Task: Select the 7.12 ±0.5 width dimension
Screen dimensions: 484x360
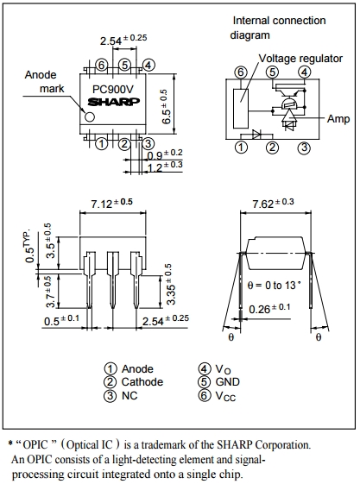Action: (x=112, y=204)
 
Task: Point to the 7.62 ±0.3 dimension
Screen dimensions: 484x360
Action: (x=272, y=204)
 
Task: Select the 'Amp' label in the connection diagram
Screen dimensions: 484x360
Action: (x=338, y=119)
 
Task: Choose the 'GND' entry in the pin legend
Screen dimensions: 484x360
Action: (x=227, y=382)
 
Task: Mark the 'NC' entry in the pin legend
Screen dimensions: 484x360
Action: (x=129, y=396)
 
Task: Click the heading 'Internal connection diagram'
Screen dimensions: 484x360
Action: (x=278, y=28)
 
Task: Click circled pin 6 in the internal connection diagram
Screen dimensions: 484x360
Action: (x=240, y=72)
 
